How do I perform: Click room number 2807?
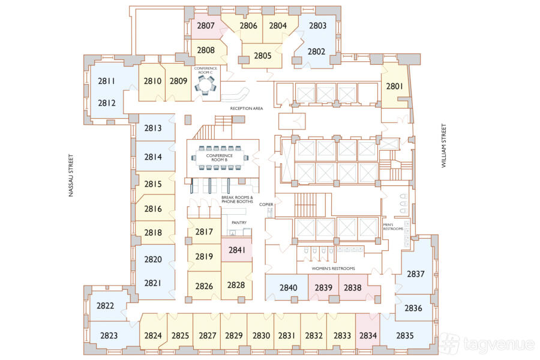206,25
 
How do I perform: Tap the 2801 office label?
394,86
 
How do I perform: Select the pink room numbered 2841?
237,250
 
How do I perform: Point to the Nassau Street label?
71,175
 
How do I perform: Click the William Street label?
443,146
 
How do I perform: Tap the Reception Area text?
246,108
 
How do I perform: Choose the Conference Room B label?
220,158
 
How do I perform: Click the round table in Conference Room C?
205,85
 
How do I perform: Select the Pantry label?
239,223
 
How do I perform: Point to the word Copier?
266,204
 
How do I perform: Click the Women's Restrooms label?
333,268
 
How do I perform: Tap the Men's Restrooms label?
393,227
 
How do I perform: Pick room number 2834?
368,335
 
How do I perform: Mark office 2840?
288,287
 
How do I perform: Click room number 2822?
105,305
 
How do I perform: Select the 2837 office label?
416,274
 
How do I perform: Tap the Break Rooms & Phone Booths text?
237,199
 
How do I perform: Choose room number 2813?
153,128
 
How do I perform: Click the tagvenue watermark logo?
488,344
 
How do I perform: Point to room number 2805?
262,56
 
